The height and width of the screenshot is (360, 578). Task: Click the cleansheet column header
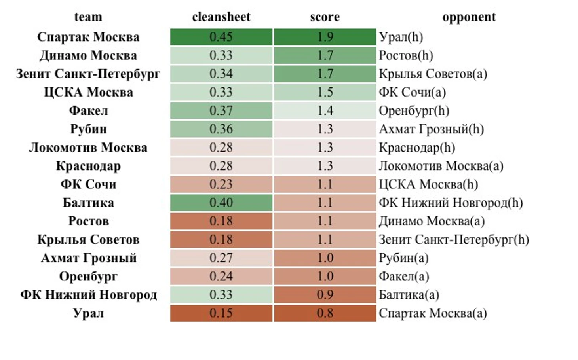coord(221,17)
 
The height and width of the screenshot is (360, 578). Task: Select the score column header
coord(325,17)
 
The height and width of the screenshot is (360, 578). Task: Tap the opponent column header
coord(469,17)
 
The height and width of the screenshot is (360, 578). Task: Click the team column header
coord(88,17)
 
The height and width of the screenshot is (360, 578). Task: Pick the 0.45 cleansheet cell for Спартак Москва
coord(221,37)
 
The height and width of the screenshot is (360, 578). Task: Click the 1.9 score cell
coord(325,37)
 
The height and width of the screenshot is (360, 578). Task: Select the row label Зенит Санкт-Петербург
coord(88,74)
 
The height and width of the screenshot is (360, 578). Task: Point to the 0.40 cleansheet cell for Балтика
coord(221,203)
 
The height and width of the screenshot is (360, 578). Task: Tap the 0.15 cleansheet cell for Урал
coord(221,313)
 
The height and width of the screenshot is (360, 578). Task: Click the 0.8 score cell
coord(325,313)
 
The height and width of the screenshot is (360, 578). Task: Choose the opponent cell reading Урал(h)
coord(401,37)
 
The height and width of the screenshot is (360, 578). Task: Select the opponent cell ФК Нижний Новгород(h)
coord(451,203)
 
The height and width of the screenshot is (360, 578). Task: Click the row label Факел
coord(88,110)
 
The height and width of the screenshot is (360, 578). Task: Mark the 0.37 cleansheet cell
coord(221,110)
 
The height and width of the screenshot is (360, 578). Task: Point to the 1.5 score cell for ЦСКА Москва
coord(325,92)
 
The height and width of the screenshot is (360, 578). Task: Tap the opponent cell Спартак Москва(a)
coord(432,313)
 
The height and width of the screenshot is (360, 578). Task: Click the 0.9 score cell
coord(325,295)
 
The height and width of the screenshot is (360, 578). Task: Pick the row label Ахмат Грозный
coord(88,258)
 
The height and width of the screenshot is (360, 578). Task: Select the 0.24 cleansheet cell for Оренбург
coord(221,276)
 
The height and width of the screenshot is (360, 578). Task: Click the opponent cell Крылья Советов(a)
coord(433,74)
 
